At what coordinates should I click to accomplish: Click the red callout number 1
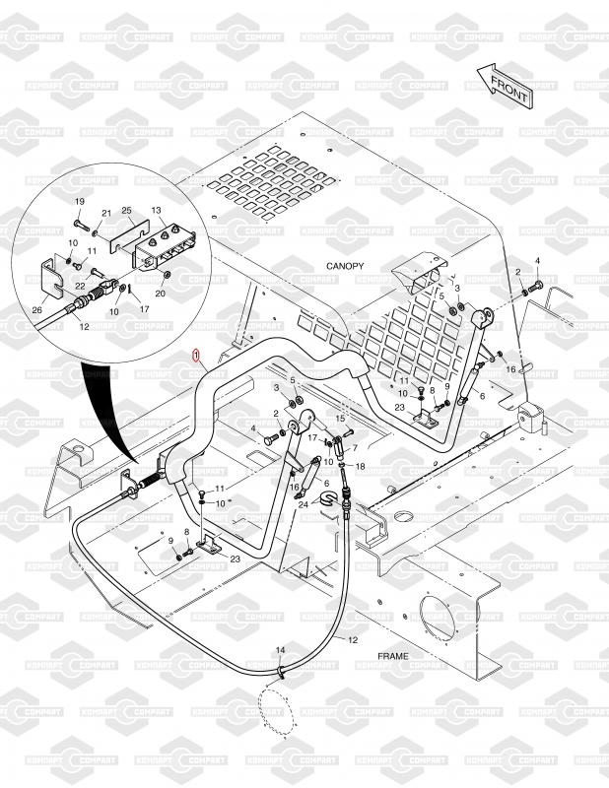click(197, 353)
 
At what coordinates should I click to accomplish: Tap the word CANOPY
click(346, 267)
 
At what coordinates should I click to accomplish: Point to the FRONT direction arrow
click(504, 86)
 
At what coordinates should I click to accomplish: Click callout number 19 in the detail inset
click(81, 202)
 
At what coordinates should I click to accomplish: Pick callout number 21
click(105, 214)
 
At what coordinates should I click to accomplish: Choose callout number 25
click(126, 211)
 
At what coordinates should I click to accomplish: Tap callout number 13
click(156, 211)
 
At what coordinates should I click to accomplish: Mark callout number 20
click(160, 293)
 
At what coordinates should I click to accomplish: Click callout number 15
click(341, 419)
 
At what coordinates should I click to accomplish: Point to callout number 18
click(360, 466)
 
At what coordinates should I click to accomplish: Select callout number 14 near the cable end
click(280, 651)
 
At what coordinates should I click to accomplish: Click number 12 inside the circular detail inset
click(84, 326)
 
